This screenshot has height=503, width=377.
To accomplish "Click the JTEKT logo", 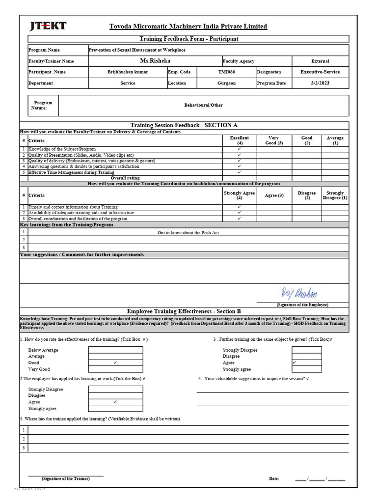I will coord(48,27).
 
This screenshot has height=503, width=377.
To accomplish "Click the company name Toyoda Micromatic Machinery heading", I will coord(188,27).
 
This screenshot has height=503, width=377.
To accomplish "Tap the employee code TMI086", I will coord(226,72).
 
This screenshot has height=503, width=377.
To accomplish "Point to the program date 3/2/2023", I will coord(320,83).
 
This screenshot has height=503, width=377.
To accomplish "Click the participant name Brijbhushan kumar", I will coord(128,72).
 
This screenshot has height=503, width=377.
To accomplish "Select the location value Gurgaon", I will coord(226,83).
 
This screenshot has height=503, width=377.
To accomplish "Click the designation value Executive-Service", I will coord(320,72).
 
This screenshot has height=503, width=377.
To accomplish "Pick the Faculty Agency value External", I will coord(320,61).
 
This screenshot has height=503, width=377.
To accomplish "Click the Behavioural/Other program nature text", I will coord(203,105).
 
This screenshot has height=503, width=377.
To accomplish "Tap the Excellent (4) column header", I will coord(239,140).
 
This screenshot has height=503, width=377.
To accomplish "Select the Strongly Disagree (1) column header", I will coord(335,196).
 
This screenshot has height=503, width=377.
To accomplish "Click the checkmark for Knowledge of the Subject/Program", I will coord(239,149).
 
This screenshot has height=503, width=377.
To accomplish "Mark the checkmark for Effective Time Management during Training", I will coord(239,172).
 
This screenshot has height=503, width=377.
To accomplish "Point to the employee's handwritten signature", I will coord(299,294).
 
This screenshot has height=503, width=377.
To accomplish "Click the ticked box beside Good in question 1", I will coord(115,363).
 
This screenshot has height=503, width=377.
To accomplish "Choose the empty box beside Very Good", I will coord(115,369).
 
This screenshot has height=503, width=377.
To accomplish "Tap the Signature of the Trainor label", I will coord(65,478).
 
